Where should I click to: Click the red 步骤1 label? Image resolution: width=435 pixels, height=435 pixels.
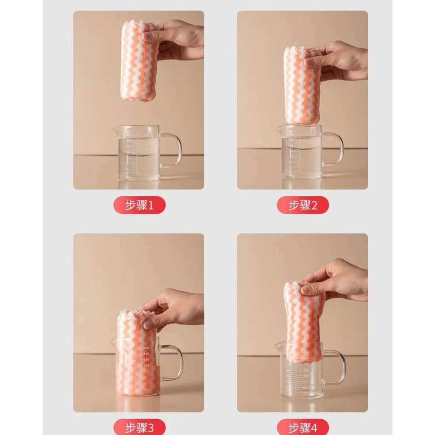[x=139, y=205]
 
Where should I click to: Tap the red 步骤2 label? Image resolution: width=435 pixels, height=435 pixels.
[x=302, y=205]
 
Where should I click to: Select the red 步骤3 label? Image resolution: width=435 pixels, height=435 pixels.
[x=139, y=427]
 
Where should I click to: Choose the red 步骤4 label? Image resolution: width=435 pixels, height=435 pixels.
[x=302, y=427]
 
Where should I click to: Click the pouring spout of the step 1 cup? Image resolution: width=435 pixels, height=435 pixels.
[x=116, y=129]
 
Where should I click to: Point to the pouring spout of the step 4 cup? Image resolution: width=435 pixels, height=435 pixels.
[x=278, y=345]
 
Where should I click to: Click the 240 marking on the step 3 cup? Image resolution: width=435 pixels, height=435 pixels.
[x=146, y=348]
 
